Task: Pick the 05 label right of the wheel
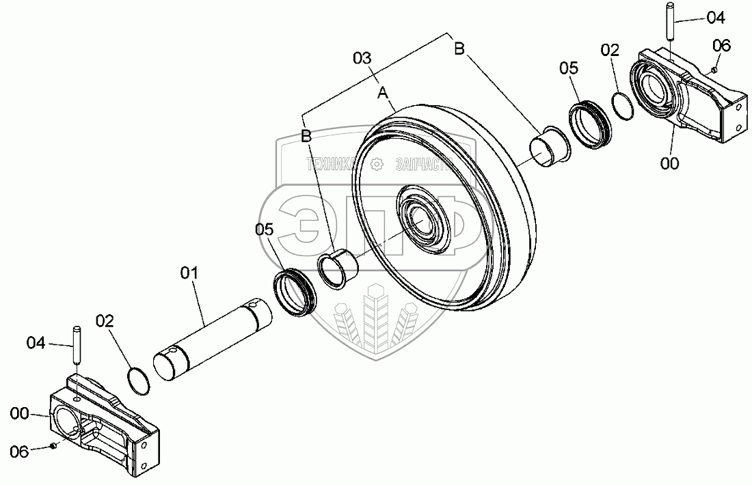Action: [569, 68]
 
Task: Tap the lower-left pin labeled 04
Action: [77, 346]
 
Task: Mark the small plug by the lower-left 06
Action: [53, 446]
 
